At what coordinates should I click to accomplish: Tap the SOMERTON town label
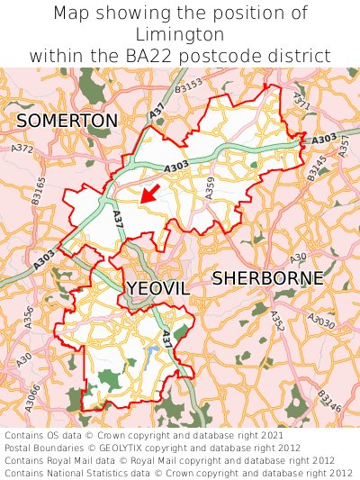click(x=67, y=121)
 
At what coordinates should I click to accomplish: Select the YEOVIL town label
click(x=157, y=288)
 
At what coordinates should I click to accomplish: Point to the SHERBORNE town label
click(x=267, y=278)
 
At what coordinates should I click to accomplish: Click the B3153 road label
click(x=189, y=86)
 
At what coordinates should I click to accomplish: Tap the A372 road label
click(x=22, y=148)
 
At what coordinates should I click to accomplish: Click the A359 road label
click(x=210, y=186)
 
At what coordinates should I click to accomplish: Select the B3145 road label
click(x=318, y=168)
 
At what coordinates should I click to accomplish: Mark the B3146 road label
click(x=329, y=403)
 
